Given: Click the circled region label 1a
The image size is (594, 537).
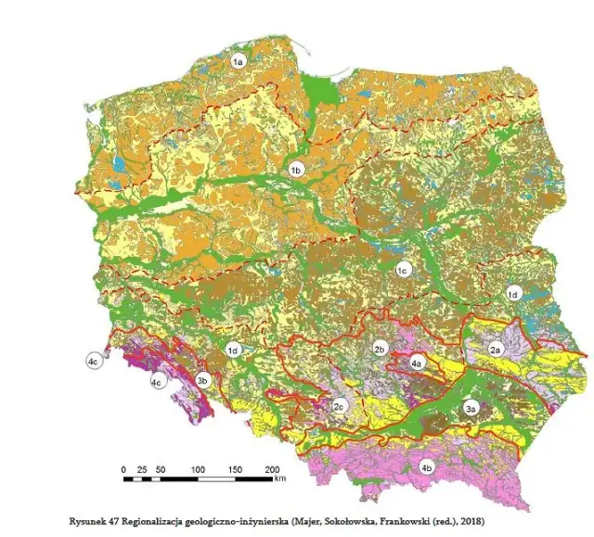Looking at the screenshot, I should click(238, 61).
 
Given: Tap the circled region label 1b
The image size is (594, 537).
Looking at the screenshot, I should click(296, 171).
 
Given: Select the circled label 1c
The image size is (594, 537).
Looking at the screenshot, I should click(403, 270).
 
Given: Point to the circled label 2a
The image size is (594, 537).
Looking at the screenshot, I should click(496, 350).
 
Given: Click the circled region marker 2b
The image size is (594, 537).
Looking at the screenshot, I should click(379, 349).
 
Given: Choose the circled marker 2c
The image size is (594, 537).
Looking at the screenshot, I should click(340, 405).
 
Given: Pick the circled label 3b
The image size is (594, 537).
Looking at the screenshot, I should click(203, 379).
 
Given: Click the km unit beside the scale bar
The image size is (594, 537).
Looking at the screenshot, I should click(279, 479).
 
